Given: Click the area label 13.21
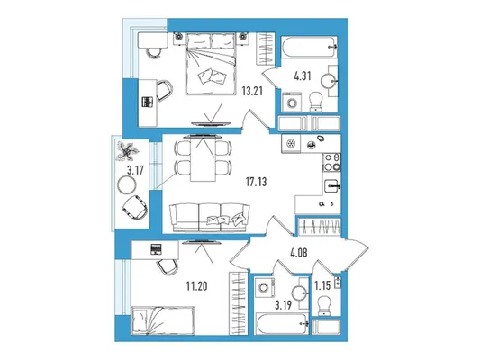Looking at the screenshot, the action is pyautogui.click(x=252, y=91).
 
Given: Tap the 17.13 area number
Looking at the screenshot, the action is pyautogui.click(x=257, y=182).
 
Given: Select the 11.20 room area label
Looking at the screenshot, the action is pyautogui.click(x=197, y=286).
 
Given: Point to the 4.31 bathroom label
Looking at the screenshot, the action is pyautogui.click(x=303, y=76).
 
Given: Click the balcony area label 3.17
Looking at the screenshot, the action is pyautogui.click(x=135, y=170).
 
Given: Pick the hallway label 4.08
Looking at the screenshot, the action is pyautogui.click(x=298, y=253).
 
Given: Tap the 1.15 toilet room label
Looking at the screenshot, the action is pyautogui.click(x=322, y=285).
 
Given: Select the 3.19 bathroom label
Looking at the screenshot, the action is pyautogui.click(x=283, y=305).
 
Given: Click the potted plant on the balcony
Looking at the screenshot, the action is pyautogui.click(x=126, y=151).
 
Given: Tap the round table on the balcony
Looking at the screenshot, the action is pyautogui.click(x=127, y=184).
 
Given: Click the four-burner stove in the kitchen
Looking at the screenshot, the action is pyautogui.click(x=331, y=162).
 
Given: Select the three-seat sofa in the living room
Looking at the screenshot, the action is pyautogui.click(x=210, y=218).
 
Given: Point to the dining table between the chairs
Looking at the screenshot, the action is pyautogui.click(x=203, y=158).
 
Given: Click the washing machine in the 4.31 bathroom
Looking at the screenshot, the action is pyautogui.click(x=292, y=103).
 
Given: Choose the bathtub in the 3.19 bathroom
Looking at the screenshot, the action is pyautogui.click(x=282, y=324).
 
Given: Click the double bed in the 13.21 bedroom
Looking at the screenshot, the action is pyautogui.click(x=211, y=64).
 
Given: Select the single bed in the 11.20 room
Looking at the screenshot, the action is pyautogui.click(x=163, y=319).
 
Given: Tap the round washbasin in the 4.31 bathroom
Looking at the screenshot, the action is pyautogui.click(x=330, y=81).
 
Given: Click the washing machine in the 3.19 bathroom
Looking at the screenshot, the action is pyautogui.click(x=264, y=287).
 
